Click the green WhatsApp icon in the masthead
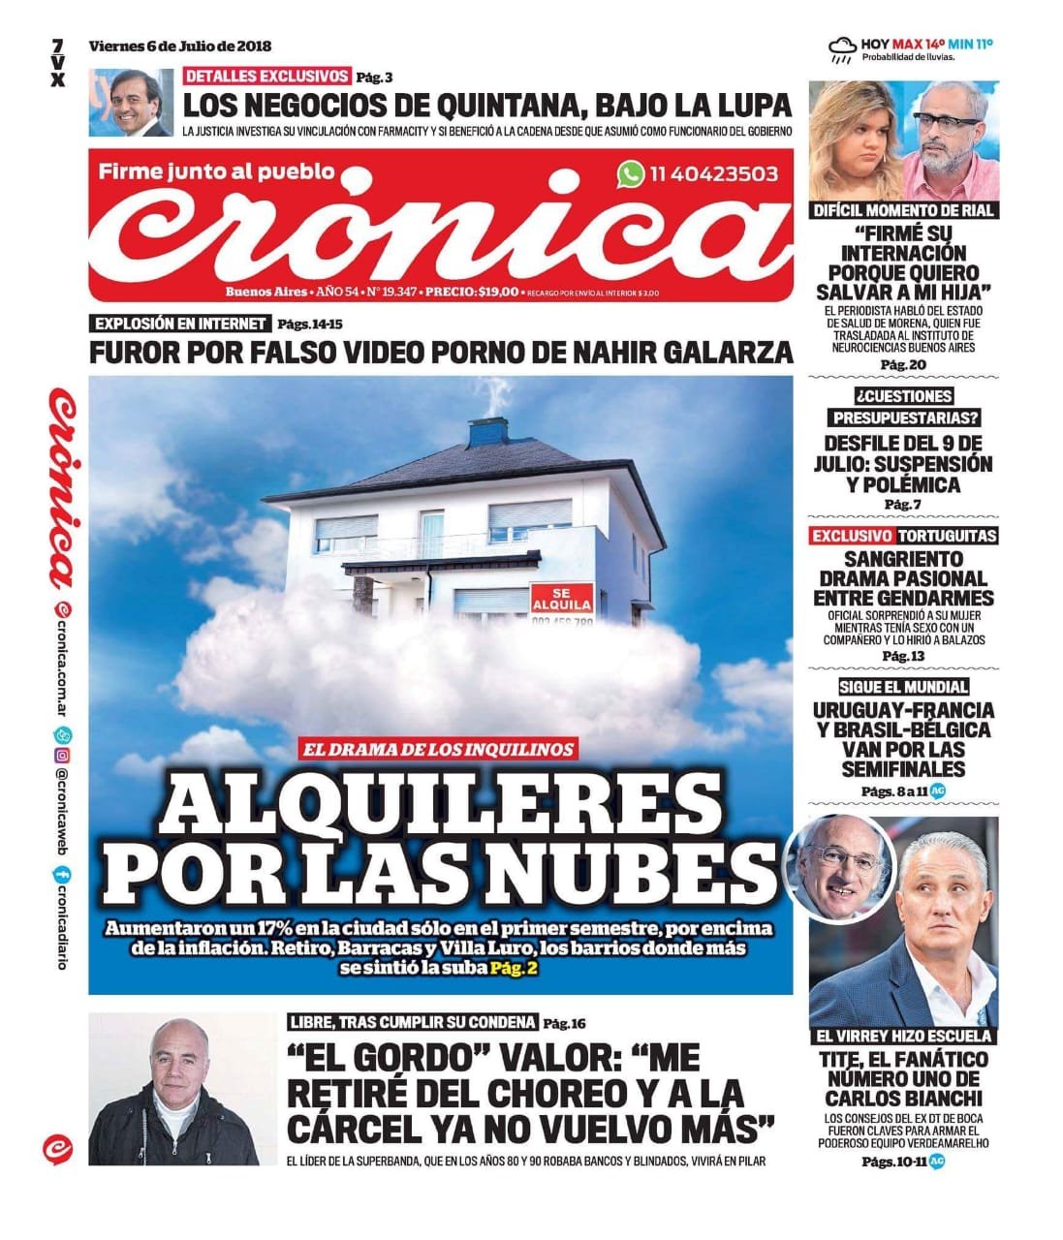631,174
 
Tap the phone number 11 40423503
714,174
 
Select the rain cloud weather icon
842,47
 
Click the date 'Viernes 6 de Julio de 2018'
180,46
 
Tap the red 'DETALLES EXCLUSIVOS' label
267,76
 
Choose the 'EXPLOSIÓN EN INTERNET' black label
180,324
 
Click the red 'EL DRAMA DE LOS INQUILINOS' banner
439,748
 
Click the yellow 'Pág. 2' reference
513,968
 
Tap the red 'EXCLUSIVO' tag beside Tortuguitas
852,536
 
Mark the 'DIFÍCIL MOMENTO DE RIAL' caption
904,210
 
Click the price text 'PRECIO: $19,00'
471,292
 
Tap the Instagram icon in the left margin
61,755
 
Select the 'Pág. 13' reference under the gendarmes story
903,656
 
